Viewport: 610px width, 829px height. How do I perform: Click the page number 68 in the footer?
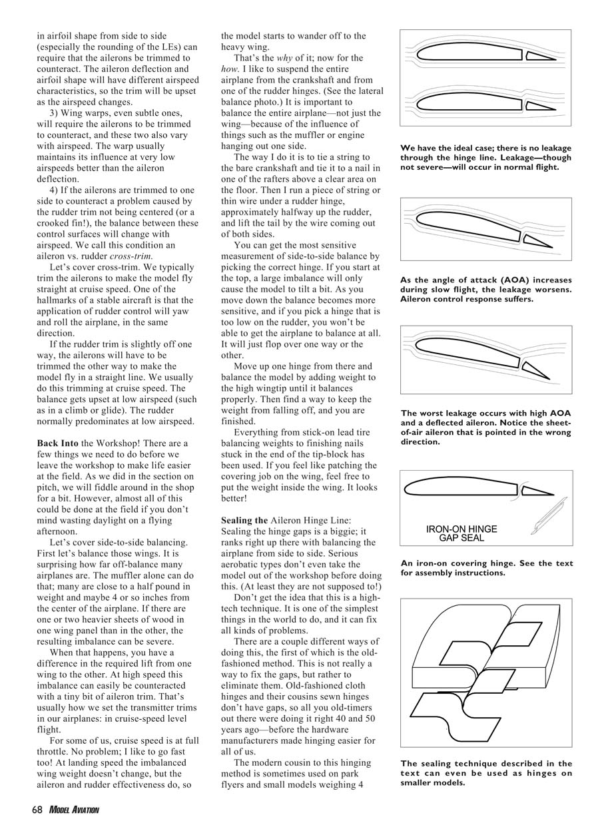(39, 809)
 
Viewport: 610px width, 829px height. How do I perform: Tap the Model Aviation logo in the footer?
(74, 809)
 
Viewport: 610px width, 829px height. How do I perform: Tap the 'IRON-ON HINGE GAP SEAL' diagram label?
(461, 533)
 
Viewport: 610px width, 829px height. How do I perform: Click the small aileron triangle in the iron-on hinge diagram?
(537, 491)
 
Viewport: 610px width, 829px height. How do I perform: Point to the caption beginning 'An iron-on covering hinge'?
(486, 568)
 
